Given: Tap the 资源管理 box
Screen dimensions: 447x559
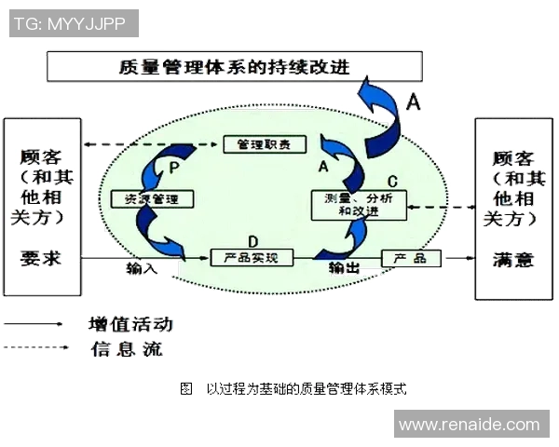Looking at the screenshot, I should (151, 198).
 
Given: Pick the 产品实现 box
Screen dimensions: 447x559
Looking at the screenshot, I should (252, 257).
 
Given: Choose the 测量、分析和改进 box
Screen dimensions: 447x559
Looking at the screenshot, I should (359, 204).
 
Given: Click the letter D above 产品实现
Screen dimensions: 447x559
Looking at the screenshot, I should (252, 240).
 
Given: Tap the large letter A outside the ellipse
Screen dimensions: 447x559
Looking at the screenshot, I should (414, 102).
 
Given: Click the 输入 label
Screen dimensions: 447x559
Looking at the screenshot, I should (143, 268).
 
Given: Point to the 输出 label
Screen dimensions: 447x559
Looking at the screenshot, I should (344, 268).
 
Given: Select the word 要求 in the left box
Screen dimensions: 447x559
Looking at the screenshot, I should (40, 258).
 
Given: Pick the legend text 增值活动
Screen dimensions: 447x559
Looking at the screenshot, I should (130, 325).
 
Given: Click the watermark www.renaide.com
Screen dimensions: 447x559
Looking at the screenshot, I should (469, 425).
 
